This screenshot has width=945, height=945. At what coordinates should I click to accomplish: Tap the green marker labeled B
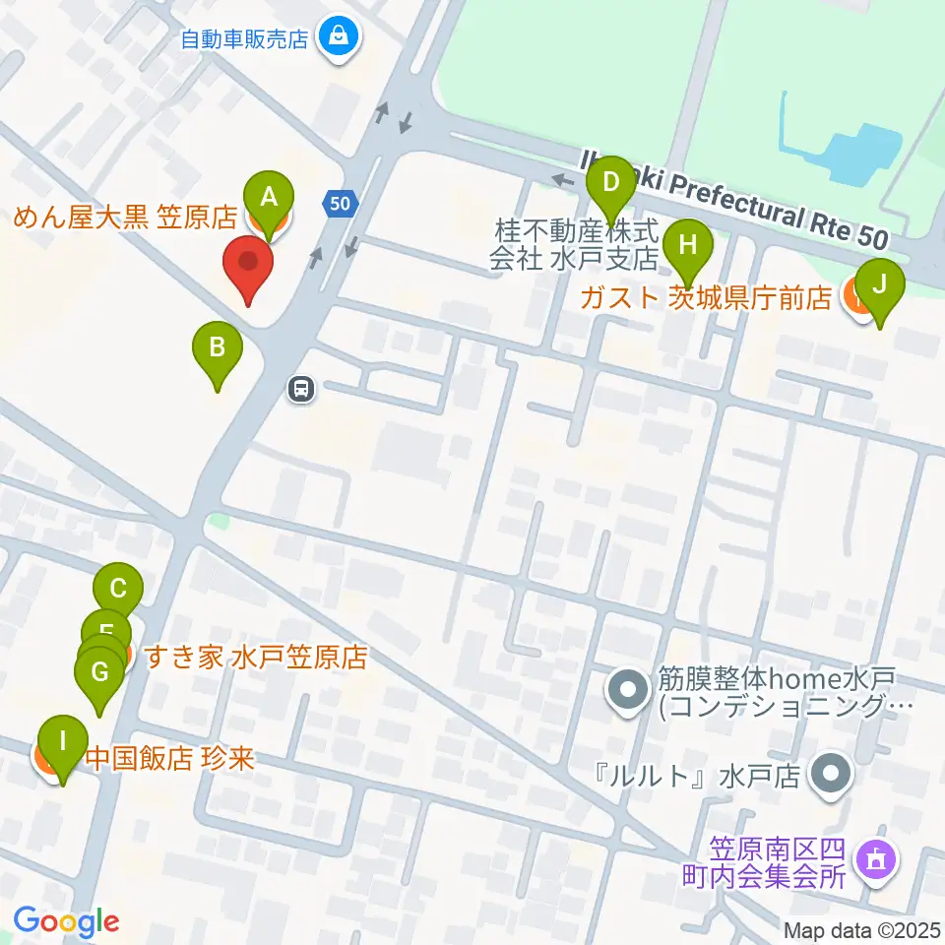(218, 347)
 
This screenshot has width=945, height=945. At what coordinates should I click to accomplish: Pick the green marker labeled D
(611, 182)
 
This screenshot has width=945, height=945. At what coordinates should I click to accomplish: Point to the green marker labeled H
(687, 244)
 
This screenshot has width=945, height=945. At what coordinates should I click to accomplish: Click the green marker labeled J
(880, 285)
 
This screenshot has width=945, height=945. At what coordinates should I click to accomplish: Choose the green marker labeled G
(99, 673)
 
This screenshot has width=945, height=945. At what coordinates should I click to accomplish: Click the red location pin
(248, 265)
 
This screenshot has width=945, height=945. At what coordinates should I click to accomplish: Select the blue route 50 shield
(339, 204)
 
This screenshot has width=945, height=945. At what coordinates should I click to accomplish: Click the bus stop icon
(301, 389)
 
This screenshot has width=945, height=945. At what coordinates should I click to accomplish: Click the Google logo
(66, 921)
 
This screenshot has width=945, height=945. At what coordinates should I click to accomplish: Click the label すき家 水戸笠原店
(255, 657)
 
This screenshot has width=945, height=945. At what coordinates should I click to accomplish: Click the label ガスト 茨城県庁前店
(705, 298)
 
